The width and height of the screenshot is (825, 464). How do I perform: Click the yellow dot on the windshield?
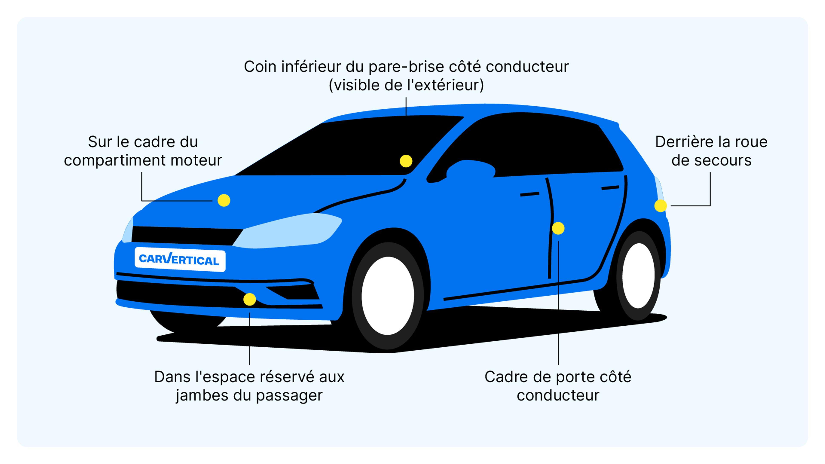(406, 161)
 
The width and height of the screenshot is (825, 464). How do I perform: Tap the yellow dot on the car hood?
(224, 200)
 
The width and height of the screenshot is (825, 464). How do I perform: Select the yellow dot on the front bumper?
(249, 299)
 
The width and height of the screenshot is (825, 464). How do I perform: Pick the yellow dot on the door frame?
(558, 228)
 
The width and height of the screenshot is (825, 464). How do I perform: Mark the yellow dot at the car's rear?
(660, 206)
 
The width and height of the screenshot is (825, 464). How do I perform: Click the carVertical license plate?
(180, 259)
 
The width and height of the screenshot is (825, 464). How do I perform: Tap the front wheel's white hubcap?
(388, 295)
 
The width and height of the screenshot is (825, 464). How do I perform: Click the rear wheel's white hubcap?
(638, 276)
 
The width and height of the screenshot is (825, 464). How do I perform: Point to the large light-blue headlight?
(288, 230)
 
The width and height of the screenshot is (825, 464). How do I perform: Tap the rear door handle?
(610, 188)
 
